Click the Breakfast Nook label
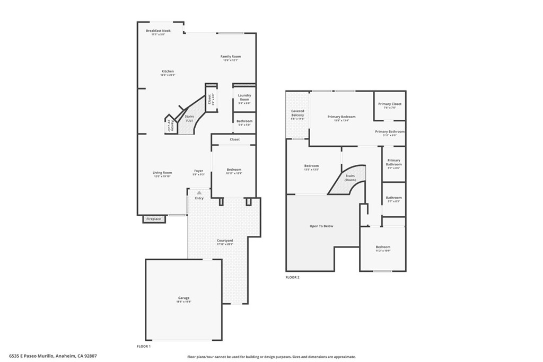(x=158, y=31)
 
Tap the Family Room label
(x=231, y=57)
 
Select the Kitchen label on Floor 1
(x=168, y=72)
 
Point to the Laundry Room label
(x=244, y=98)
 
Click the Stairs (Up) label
(x=189, y=118)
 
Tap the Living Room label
(x=163, y=173)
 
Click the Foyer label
(x=198, y=171)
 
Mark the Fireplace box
(x=154, y=219)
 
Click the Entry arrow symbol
(x=199, y=193)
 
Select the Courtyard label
(x=225, y=241)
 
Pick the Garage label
(x=183, y=298)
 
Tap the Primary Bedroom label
(x=341, y=117)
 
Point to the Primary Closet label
(x=390, y=104)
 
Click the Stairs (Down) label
(x=351, y=178)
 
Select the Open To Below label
(x=321, y=226)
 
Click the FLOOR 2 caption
(x=292, y=277)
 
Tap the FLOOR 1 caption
(x=144, y=346)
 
